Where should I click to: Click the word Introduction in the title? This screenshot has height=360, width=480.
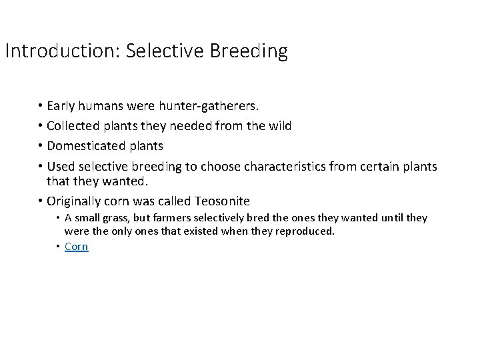(61, 51)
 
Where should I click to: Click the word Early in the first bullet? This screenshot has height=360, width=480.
(61, 106)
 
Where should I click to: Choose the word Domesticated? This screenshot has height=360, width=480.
(85, 146)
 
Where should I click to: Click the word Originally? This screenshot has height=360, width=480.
(75, 201)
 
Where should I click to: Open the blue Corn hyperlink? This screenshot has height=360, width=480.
(76, 247)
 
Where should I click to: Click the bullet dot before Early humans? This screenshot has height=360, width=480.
(41, 106)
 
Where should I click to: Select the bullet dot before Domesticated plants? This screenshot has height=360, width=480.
(41, 146)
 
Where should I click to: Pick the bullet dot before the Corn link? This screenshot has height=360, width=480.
(58, 247)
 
